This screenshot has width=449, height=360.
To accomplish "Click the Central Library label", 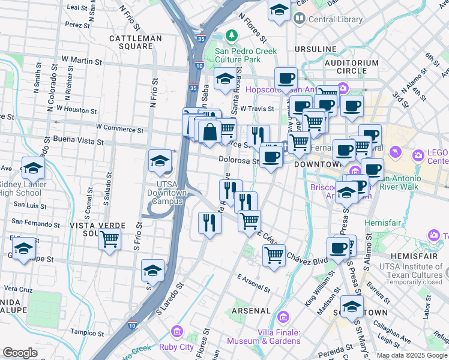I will coord(336,19).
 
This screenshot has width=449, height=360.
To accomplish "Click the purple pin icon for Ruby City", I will coord(176,331).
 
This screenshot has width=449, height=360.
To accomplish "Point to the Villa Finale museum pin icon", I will coord(283,316).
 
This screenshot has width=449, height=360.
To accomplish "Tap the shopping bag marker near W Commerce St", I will coord(210,133).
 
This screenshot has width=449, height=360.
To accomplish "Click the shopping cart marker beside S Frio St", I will coord(109,239).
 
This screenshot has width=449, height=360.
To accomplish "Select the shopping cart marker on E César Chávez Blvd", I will coord(274,255).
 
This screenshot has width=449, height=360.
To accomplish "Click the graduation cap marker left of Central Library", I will coord(279,10).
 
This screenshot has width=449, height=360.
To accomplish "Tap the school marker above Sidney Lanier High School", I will coord(33,167).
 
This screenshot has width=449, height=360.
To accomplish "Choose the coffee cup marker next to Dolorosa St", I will coord(271,157).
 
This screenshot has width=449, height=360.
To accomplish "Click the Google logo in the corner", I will coord(20,353).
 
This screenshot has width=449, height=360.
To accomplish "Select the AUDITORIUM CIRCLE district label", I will coord(352,67).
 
